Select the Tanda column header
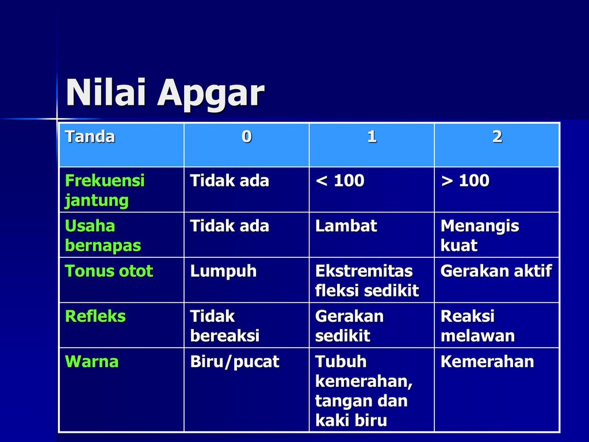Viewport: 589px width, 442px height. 90,136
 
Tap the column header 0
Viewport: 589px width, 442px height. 246,136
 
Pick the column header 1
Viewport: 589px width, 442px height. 372,136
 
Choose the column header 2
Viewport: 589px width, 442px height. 497,136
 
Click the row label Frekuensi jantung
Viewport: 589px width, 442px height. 105,190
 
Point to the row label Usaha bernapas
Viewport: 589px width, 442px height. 103,235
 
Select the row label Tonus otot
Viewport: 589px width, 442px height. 109,271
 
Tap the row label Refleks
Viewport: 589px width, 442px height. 95,316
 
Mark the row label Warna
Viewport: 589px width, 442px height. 91,361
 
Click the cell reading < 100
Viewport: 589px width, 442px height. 340,181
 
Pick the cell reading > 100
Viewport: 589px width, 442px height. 465,181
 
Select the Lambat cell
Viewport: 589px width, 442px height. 346,226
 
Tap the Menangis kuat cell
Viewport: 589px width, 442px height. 480,235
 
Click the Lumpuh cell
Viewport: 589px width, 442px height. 223,272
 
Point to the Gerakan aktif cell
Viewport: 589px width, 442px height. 496,271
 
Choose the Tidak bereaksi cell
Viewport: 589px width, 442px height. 225,326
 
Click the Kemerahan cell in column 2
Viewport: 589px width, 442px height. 487,361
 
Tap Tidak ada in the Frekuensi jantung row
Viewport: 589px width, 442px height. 230,181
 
